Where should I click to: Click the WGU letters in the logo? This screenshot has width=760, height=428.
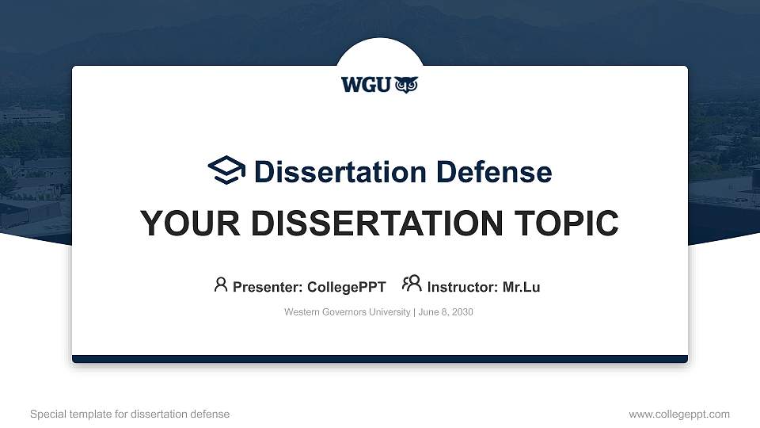tap(366, 85)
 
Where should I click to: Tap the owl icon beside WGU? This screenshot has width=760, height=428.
tap(405, 85)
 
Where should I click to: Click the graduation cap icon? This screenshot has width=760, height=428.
tap(226, 170)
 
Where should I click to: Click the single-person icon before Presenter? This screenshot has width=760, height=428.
tap(221, 284)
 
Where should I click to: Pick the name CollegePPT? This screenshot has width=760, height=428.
tap(347, 287)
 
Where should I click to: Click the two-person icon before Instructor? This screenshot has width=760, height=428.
tap(412, 284)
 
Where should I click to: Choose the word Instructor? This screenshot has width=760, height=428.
tap(462, 287)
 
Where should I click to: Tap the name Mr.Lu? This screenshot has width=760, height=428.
tap(521, 287)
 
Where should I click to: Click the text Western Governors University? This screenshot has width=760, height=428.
tap(346, 312)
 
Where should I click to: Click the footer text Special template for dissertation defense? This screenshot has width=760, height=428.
tap(130, 414)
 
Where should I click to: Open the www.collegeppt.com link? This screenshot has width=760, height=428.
tap(679, 414)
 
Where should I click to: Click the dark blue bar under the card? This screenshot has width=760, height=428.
tap(380, 359)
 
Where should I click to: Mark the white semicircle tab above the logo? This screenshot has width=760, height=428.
tap(380, 52)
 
